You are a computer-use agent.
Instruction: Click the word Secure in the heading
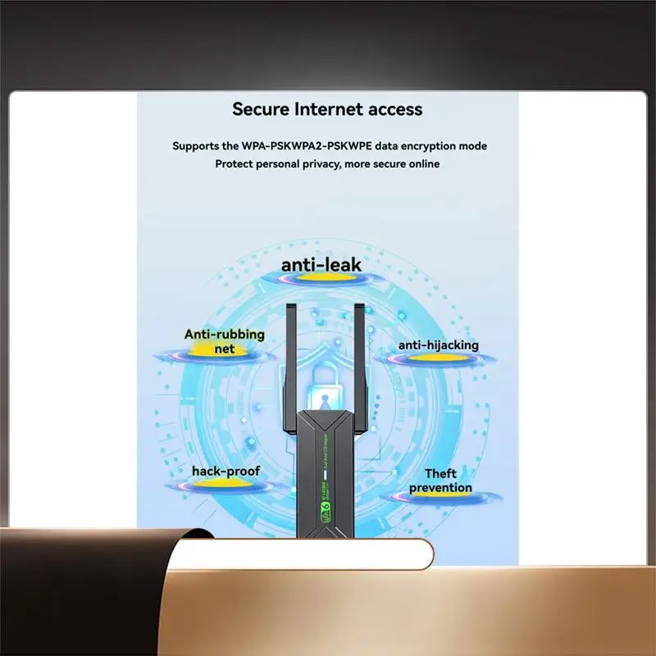pyautogui.click(x=260, y=108)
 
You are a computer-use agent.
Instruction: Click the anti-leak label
pyautogui.click(x=321, y=265)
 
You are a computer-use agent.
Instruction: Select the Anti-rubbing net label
pyautogui.click(x=224, y=341)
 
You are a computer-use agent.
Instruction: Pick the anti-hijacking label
pyautogui.click(x=438, y=345)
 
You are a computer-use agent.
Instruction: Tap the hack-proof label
pyautogui.click(x=225, y=471)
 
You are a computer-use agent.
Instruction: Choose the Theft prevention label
pyautogui.click(x=440, y=481)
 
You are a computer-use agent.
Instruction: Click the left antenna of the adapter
pyautogui.click(x=289, y=369)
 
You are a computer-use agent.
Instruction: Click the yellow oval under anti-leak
pyautogui.click(x=321, y=280)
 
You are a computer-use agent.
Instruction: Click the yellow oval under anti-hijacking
pyautogui.click(x=438, y=358)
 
